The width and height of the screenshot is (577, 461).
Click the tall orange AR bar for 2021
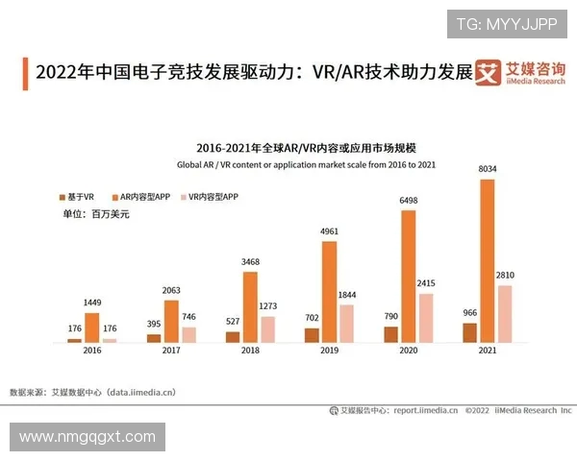(488, 260)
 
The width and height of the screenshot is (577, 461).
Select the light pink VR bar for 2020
(426, 318)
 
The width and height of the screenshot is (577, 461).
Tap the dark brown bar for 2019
(312, 335)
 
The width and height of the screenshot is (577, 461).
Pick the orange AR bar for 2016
(92, 328)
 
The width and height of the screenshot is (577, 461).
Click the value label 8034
(489, 170)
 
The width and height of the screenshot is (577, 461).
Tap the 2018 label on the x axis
(250, 352)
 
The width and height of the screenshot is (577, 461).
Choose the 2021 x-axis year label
(489, 352)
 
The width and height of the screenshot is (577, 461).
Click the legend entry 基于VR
(76, 196)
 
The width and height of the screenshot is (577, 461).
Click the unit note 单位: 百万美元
(95, 213)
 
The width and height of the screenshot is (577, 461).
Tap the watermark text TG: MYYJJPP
(506, 23)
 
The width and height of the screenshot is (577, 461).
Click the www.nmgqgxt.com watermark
(87, 437)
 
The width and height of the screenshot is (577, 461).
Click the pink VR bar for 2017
(189, 334)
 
